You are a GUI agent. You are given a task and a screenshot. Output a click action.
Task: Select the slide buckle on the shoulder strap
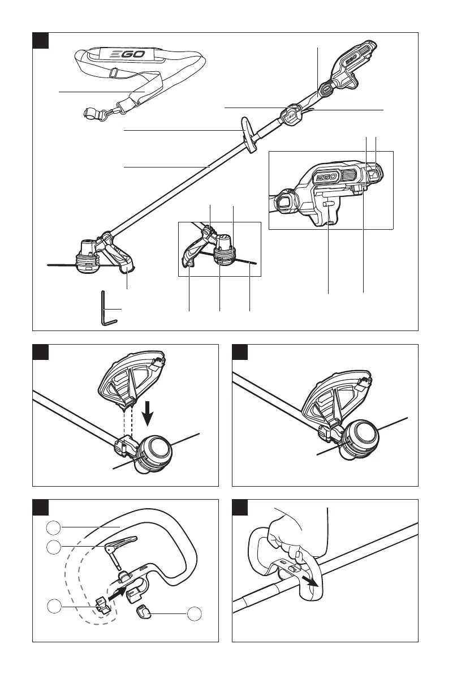tap(114, 72)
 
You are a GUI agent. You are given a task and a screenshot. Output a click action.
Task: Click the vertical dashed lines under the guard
tap(128, 423)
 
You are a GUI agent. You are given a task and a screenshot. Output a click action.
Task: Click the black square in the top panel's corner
tap(40, 40)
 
